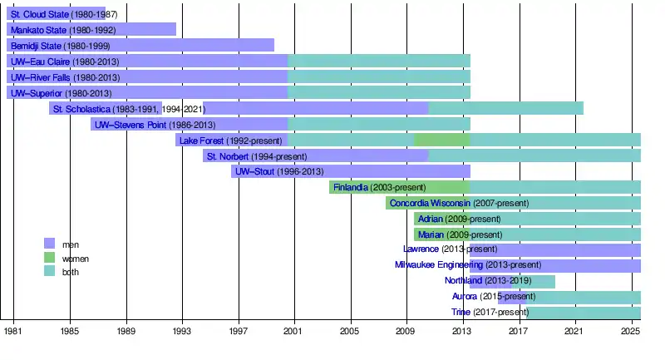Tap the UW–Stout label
point(256,172)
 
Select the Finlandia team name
point(351,188)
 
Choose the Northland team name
point(464,281)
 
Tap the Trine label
point(461,313)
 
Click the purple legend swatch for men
point(49,244)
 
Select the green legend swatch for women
point(49,258)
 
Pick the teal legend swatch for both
point(49,272)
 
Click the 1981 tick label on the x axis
point(13,332)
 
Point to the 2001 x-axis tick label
point(294,332)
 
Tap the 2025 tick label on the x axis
point(630,332)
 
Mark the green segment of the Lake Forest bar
point(441,141)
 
